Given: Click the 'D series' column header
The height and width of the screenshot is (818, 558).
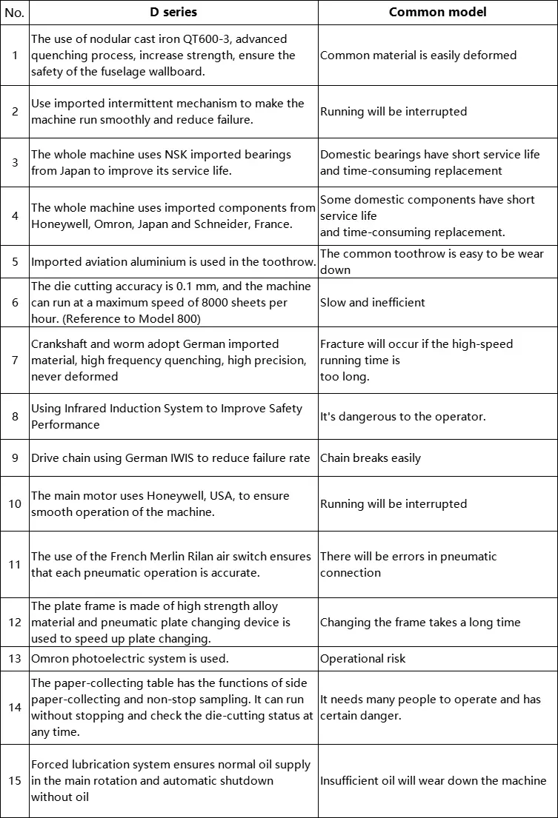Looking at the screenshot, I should point(173,12).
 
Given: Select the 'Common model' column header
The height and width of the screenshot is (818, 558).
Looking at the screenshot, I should point(437,12).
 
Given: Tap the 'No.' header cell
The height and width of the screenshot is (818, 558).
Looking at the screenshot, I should point(15,13).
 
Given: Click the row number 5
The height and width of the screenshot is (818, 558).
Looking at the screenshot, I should point(15,261).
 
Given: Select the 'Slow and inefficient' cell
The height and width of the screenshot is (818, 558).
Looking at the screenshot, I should point(373,302).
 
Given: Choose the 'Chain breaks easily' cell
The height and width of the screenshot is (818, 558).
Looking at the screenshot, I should point(371,458).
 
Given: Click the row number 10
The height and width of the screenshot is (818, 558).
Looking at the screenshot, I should point(15,504).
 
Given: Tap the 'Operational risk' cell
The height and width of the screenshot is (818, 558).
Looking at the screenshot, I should point(363,659).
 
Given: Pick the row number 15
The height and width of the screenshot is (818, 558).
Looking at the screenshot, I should point(15,781).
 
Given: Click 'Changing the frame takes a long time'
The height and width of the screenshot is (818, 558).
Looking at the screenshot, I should point(420,623).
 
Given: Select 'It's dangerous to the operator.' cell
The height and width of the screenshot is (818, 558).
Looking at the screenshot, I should point(403,417).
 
